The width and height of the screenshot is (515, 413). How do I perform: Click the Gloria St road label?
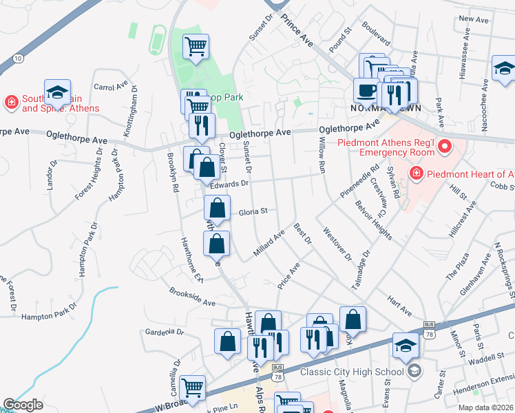pyautogui.click(x=252, y=212)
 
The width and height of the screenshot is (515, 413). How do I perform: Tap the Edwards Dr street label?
pyautogui.click(x=229, y=184)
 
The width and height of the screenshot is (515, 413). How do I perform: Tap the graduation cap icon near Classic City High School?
pyautogui.click(x=406, y=346)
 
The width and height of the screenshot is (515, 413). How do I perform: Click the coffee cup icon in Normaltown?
pyautogui.click(x=365, y=89)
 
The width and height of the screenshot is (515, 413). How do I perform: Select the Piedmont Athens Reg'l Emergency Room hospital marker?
pyautogui.click(x=444, y=146)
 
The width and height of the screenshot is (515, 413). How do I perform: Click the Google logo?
pyautogui.click(x=23, y=405)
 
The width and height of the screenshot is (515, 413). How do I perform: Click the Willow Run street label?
pyautogui.click(x=322, y=158)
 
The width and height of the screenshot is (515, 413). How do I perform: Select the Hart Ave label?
pyautogui.click(x=399, y=306)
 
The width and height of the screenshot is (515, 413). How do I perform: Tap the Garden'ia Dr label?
pyautogui.click(x=165, y=332)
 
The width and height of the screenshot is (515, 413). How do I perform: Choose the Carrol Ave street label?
pyautogui.click(x=112, y=87)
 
